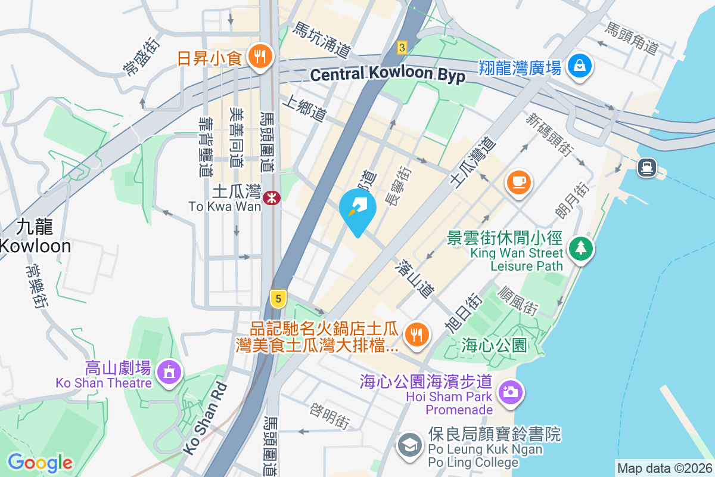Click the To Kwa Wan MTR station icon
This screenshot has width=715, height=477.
(272, 197)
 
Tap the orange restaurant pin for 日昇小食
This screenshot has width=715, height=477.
(259, 57)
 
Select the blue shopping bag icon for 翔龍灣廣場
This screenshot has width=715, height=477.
(579, 65)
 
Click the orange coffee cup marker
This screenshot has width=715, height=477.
(518, 181)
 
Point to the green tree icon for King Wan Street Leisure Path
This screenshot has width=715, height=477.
(580, 247)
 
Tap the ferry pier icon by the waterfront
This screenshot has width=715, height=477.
(647, 168)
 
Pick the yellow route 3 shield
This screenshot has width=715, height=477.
(402, 47)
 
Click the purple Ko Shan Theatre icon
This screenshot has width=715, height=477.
(169, 373)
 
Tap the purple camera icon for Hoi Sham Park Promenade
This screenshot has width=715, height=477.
(509, 392)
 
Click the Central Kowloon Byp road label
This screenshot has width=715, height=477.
(387, 75)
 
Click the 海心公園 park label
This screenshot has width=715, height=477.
(494, 345)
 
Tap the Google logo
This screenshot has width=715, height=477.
(40, 463)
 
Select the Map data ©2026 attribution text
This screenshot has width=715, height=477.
(664, 469)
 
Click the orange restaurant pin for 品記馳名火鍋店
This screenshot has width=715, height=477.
(415, 334)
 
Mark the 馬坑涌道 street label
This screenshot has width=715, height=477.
(322, 39)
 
